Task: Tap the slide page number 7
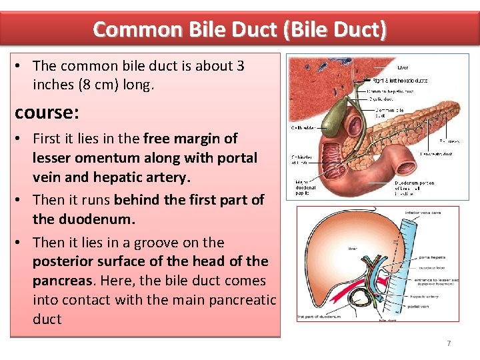pyautogui.click(x=449, y=343)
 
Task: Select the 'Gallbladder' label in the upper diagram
pyautogui.click(x=303, y=127)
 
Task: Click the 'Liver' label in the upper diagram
pyautogui.click(x=403, y=67)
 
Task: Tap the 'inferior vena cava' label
pyautogui.click(x=423, y=213)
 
